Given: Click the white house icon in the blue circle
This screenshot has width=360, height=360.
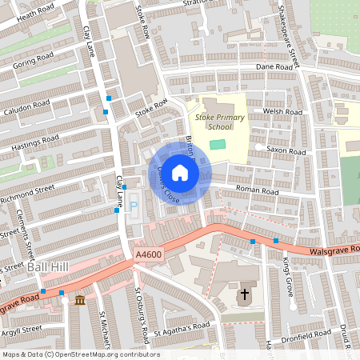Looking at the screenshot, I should (x=180, y=172).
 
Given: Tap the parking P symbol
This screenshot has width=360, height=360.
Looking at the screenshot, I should (x=134, y=206).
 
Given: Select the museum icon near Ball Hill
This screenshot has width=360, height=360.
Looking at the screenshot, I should (x=79, y=300).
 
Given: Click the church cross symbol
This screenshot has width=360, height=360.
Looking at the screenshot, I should (x=244, y=295).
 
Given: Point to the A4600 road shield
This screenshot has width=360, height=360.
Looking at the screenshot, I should (x=147, y=254).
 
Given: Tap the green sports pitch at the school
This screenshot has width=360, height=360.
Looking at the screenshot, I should (x=218, y=144).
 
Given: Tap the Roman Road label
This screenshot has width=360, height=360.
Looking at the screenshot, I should (x=255, y=191).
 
